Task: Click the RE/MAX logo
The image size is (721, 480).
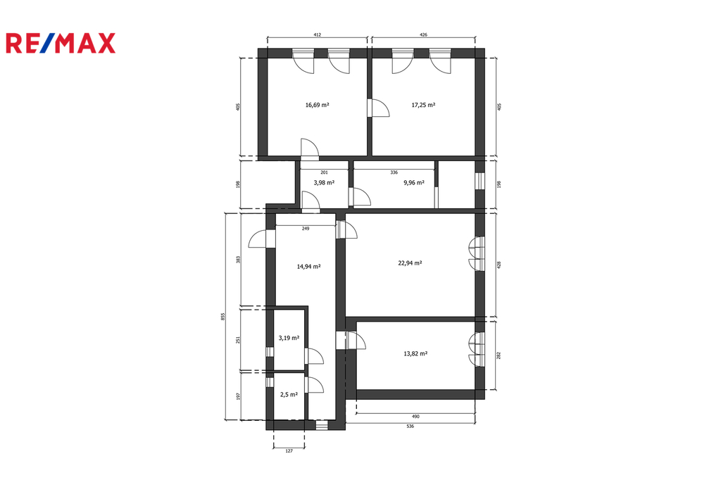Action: pyautogui.click(x=61, y=43)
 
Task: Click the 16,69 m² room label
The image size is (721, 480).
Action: pyautogui.click(x=318, y=105)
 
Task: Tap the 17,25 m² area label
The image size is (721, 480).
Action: pyautogui.click(x=423, y=105)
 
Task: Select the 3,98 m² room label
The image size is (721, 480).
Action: pyautogui.click(x=324, y=182)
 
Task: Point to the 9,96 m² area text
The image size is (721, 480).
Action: pyautogui.click(x=414, y=182)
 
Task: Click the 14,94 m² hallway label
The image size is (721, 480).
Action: pyautogui.click(x=308, y=266)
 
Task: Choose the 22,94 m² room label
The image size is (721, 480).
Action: pyautogui.click(x=410, y=263)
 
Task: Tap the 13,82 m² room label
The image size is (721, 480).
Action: pyautogui.click(x=415, y=353)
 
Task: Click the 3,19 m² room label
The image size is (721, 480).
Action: pyautogui.click(x=289, y=338)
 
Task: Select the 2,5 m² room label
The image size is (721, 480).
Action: pyautogui.click(x=289, y=394)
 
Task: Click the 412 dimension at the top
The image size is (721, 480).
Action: pyautogui.click(x=318, y=34)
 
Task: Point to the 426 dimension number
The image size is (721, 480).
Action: pyautogui.click(x=423, y=34)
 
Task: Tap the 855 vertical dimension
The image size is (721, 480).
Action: pyautogui.click(x=223, y=316)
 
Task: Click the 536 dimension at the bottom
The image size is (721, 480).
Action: pyautogui.click(x=410, y=427)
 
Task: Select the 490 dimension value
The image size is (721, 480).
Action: pyautogui.click(x=415, y=417)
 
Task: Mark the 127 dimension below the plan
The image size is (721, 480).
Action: pyautogui.click(x=289, y=451)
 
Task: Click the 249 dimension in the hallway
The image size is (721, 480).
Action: pyautogui.click(x=306, y=229)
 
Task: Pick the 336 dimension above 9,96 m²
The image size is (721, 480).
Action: pyautogui.click(x=394, y=172)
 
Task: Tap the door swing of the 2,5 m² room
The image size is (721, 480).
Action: pyautogui.click(x=314, y=385)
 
